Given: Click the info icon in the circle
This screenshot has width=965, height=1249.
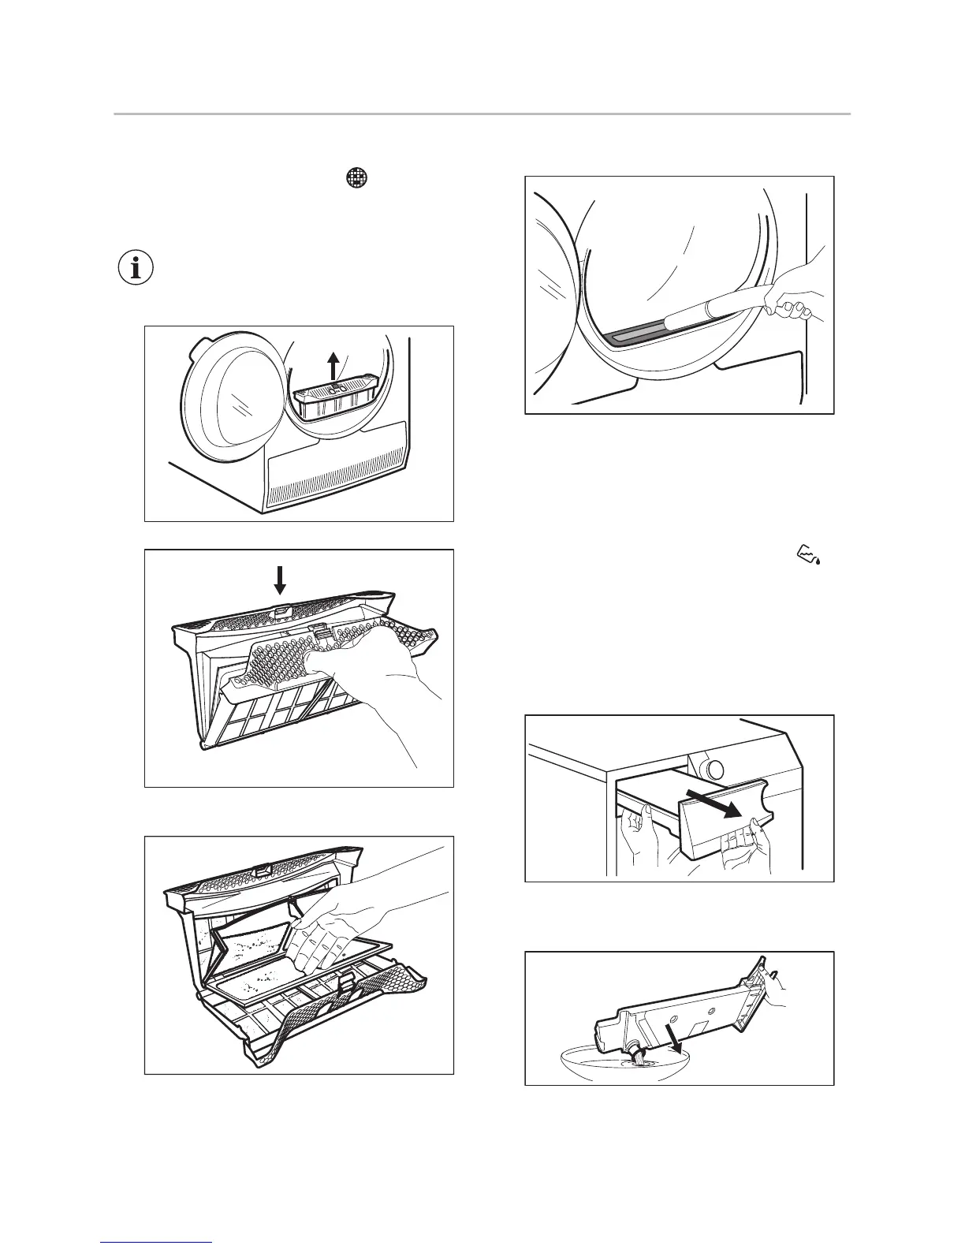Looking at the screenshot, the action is tap(136, 270).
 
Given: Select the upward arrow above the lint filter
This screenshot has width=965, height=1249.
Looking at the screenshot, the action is tap(334, 367).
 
